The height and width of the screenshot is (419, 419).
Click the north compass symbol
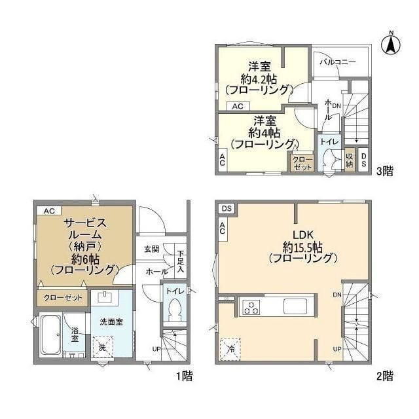pyautogui.click(x=392, y=44)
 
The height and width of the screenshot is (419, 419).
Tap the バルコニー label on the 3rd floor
pyautogui.click(x=338, y=62)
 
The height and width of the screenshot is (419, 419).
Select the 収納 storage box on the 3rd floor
pyautogui.click(x=350, y=160)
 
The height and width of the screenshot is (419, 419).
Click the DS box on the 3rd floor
pyautogui.click(x=363, y=160)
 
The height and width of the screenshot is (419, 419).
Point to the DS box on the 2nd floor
pyautogui.click(x=227, y=208)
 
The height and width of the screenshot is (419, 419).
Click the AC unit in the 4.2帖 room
pyautogui.click(x=238, y=106)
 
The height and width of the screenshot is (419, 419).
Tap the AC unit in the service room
pyautogui.click(x=49, y=211)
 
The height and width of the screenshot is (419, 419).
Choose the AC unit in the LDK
pyautogui.click(x=223, y=228)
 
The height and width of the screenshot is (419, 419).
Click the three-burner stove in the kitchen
pyautogui.click(x=251, y=307)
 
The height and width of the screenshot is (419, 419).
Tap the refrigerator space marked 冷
pyautogui.click(x=230, y=349)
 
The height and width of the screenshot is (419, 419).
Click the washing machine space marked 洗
pyautogui.click(x=103, y=347)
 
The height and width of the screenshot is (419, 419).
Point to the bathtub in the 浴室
pyautogui.click(x=50, y=334)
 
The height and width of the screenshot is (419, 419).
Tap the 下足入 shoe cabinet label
pyautogui.click(x=181, y=261)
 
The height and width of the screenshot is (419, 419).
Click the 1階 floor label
pyautogui.click(x=185, y=376)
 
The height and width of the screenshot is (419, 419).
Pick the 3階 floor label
pyautogui.click(x=385, y=171)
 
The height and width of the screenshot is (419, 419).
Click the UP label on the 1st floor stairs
pyautogui.click(x=156, y=349)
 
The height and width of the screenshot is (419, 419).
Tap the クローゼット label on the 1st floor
pyautogui.click(x=63, y=297)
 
